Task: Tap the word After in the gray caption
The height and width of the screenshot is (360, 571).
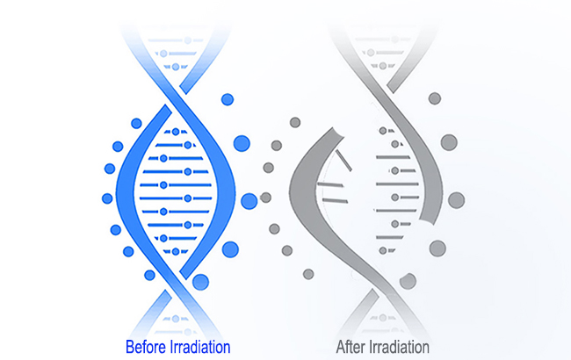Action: (x=351, y=347)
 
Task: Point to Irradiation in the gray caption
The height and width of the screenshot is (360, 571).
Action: (x=399, y=347)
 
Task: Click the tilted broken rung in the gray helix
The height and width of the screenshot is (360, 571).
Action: (x=343, y=160)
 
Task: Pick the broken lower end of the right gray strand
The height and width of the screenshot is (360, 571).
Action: (x=427, y=221)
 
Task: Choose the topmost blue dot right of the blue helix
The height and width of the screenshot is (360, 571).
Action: (x=228, y=99)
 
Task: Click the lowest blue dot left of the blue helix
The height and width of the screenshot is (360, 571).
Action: (x=149, y=275)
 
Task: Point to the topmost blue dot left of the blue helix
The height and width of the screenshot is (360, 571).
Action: (x=136, y=124)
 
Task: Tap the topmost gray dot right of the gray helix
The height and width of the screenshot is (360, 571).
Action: (x=435, y=98)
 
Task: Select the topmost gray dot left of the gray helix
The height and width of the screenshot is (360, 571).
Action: (x=295, y=122)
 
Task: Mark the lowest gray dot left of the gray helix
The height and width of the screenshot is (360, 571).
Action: (x=308, y=274)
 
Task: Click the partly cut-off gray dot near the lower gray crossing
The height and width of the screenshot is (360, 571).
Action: (x=408, y=281)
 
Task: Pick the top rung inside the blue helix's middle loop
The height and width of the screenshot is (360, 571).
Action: (x=176, y=132)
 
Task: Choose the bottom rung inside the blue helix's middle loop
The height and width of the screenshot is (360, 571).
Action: (x=176, y=251)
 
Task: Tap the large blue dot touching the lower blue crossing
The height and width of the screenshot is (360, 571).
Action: (x=200, y=282)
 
